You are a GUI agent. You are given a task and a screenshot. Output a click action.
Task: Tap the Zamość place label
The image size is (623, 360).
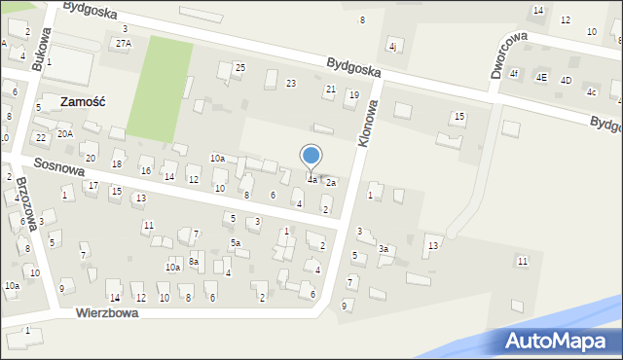coord(82,101)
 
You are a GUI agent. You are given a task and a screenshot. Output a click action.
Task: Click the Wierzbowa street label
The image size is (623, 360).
coord(107,313)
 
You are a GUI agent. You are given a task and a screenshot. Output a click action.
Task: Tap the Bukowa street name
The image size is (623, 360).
coord(38,49)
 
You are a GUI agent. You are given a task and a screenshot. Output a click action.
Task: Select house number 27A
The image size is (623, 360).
coord(123,44)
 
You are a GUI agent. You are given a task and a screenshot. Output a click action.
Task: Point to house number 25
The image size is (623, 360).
coord(240,67)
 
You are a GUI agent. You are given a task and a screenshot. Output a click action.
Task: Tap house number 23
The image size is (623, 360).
coord(290,84)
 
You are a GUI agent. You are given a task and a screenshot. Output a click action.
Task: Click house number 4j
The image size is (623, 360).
coord(393,46)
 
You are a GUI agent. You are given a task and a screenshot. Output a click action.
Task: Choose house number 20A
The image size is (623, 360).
coord(64,133)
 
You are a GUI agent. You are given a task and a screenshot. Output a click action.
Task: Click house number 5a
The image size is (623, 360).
coord(235,242)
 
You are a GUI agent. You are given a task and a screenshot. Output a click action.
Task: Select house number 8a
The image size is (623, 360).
coord(194,261)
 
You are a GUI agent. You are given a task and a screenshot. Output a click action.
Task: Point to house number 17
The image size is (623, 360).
coord(93,185)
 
